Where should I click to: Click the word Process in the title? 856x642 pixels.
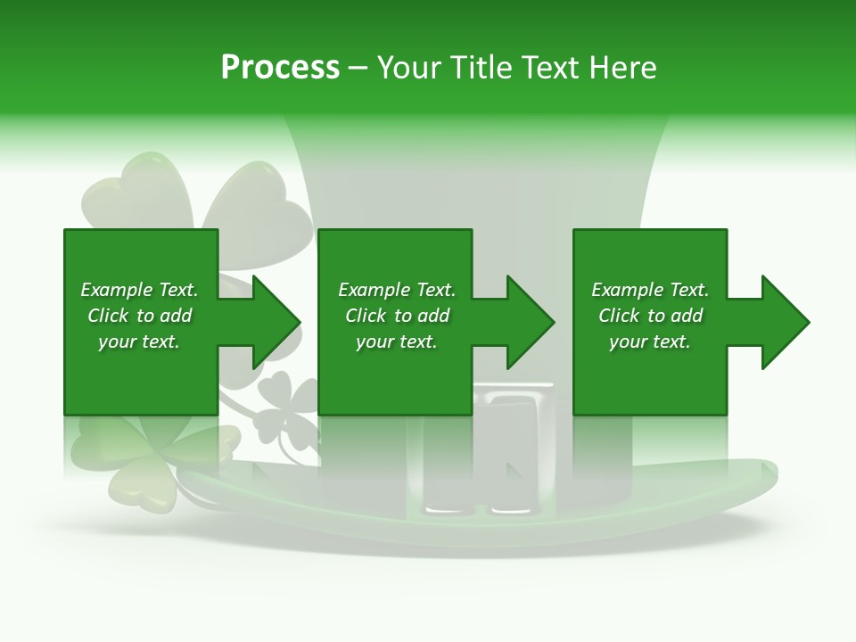[280, 67]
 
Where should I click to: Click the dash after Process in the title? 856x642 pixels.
[358, 69]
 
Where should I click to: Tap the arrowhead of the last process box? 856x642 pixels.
[785, 322]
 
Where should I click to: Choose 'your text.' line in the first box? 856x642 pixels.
[139, 342]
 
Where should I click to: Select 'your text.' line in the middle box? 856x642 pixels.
[397, 342]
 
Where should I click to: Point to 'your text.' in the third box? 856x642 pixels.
[650, 342]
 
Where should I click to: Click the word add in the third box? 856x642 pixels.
[687, 316]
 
